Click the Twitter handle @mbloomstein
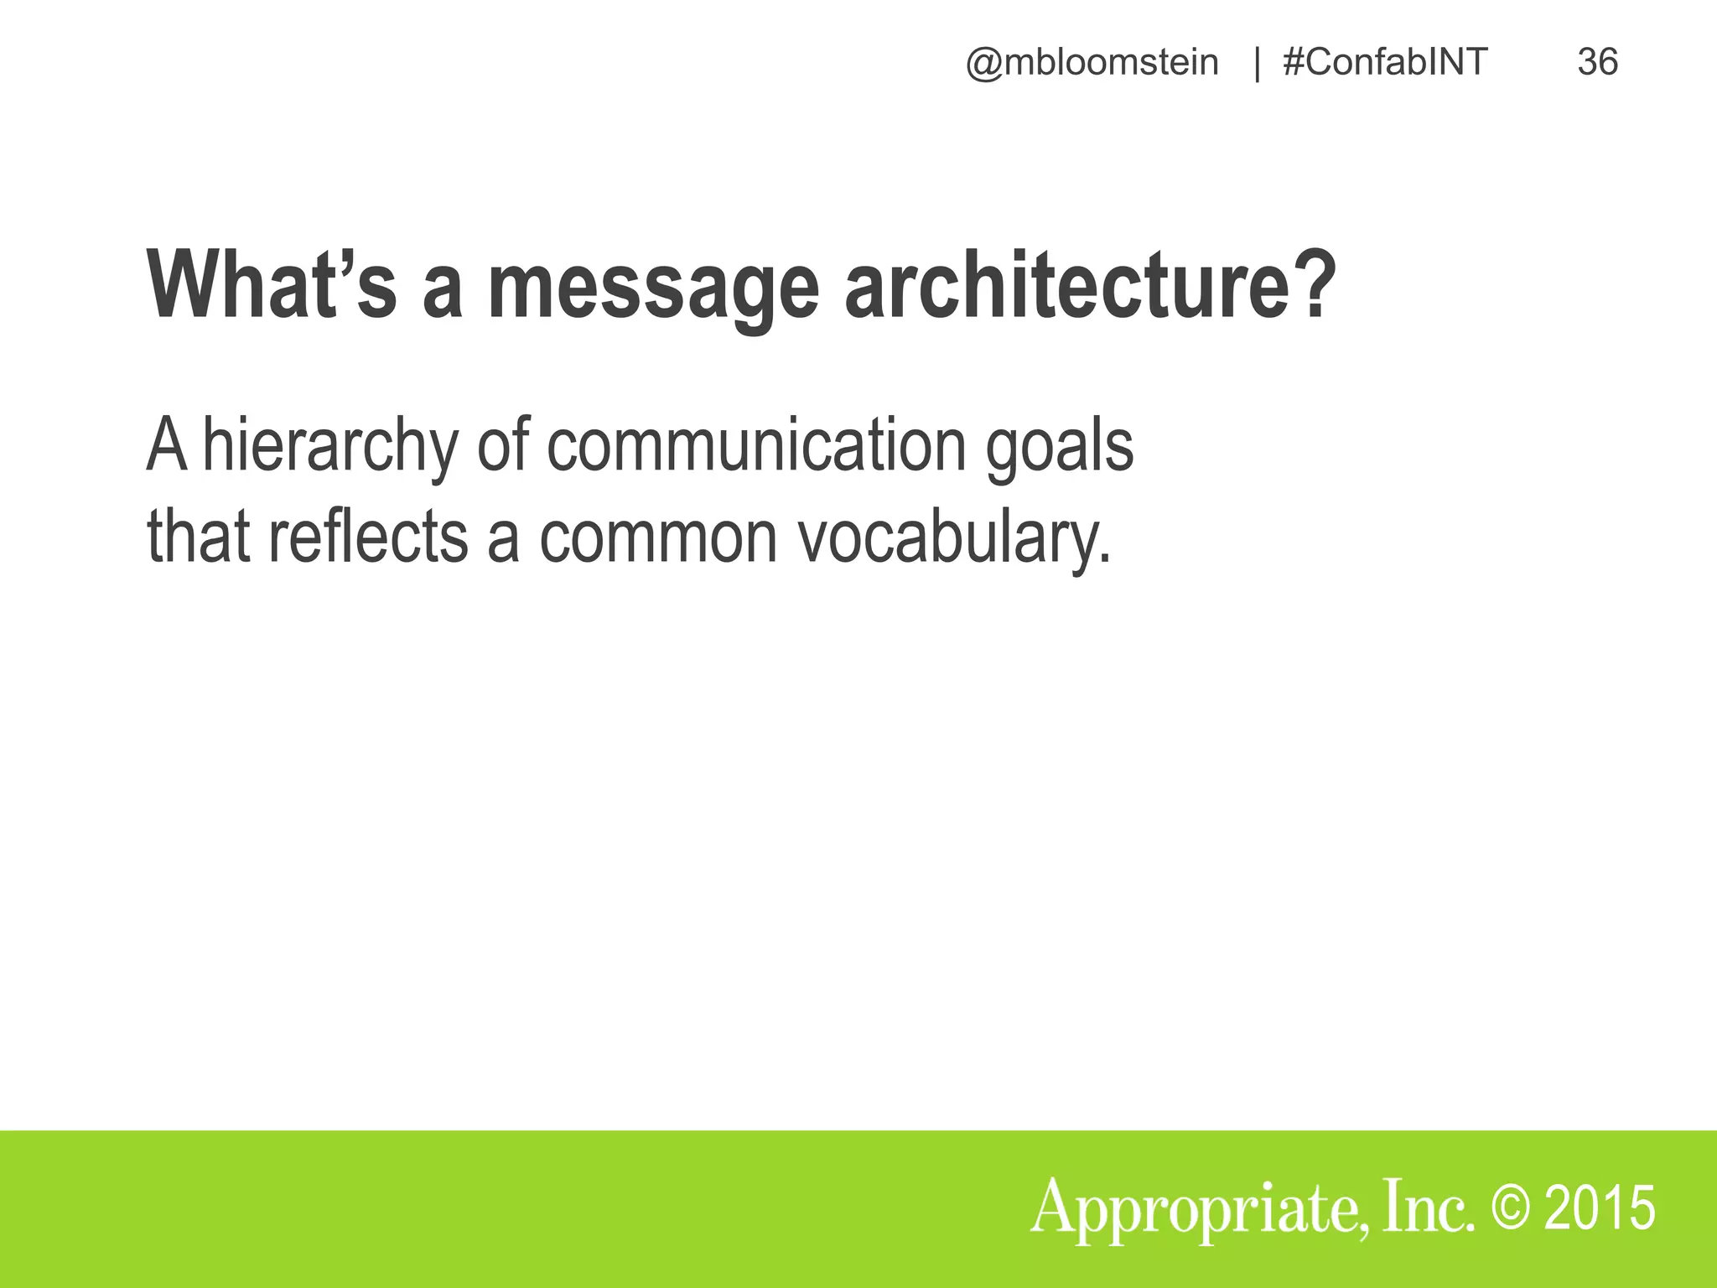(x=1092, y=63)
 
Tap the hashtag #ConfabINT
(x=1385, y=63)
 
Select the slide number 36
(x=1597, y=63)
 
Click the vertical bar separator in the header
(x=1256, y=65)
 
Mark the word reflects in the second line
(x=368, y=537)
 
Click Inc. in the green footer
(x=1426, y=1207)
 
